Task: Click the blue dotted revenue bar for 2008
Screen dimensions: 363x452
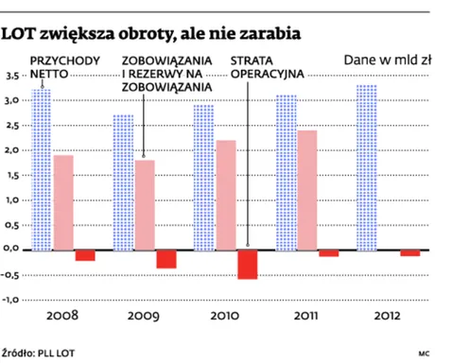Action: click(x=41, y=170)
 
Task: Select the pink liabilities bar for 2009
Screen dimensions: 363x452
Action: click(x=144, y=204)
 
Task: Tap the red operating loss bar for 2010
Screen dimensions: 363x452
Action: click(x=248, y=264)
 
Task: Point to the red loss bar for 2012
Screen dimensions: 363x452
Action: click(x=409, y=252)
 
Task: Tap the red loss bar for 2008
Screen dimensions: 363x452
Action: click(x=85, y=254)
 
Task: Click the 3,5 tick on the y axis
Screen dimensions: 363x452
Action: click(x=13, y=76)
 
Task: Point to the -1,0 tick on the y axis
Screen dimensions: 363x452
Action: click(x=13, y=300)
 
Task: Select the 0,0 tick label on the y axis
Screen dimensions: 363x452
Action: click(x=13, y=250)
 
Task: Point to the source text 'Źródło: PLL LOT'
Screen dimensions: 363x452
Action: click(x=39, y=352)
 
